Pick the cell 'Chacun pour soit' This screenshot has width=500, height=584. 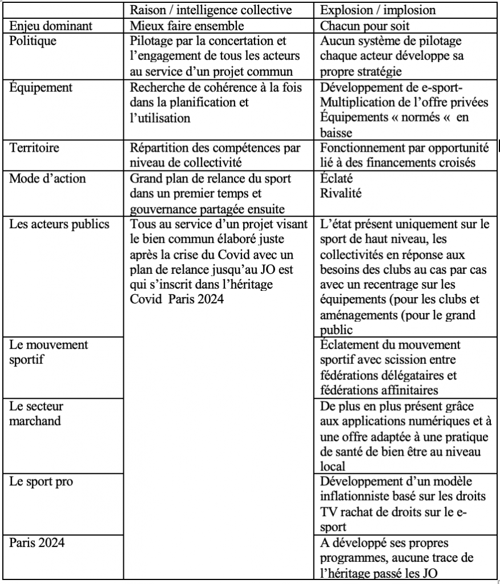click(357, 26)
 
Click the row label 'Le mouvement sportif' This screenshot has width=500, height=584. click(40, 352)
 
